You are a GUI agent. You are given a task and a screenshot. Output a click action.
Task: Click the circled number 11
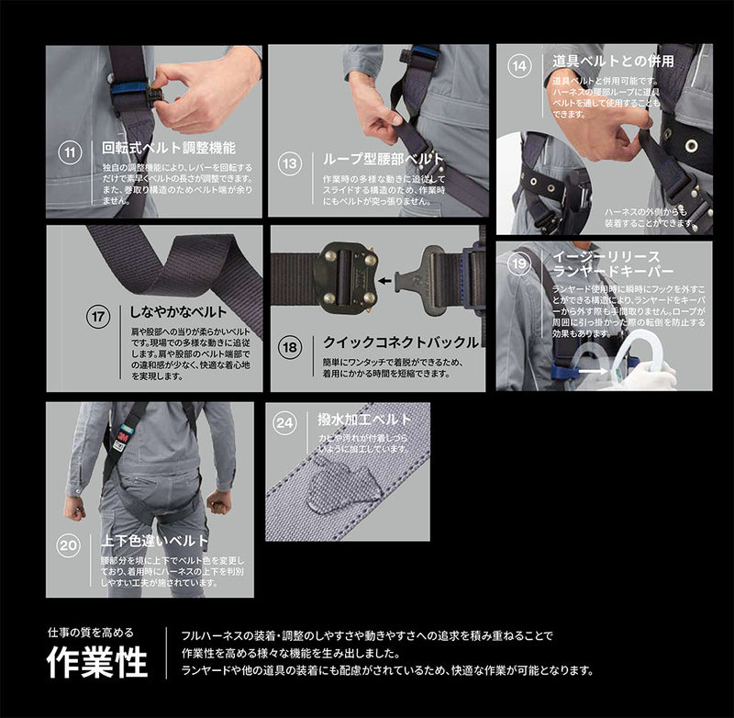tap(70, 151)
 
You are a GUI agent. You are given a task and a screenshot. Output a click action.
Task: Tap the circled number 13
tap(290, 163)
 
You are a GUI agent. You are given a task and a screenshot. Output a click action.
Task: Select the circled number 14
tap(520, 66)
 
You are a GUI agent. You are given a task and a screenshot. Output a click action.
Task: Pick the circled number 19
tap(519, 264)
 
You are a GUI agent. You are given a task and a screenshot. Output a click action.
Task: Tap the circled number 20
tap(69, 545)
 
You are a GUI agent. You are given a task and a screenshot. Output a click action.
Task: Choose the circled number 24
tap(286, 424)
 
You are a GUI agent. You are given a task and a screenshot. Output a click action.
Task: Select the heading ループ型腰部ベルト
tap(384, 159)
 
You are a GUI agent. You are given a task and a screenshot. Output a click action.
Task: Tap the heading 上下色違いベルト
tap(155, 541)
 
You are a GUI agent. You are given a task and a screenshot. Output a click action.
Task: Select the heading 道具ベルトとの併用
tap(613, 62)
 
